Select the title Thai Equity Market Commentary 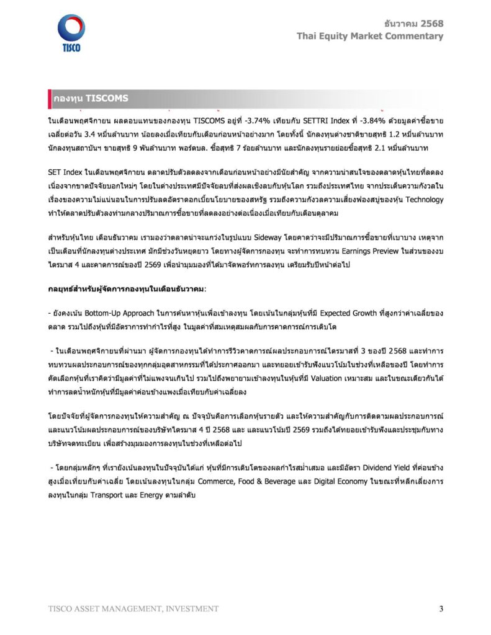tap(370, 36)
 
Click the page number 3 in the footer tap(441, 608)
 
